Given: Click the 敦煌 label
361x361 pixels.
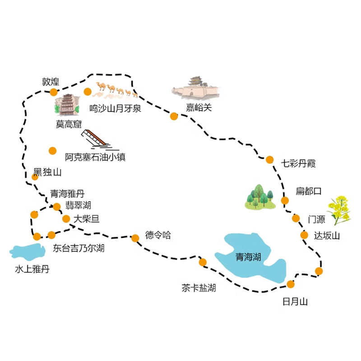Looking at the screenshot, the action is pos(51,82).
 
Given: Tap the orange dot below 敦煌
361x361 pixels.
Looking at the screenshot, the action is pos(54,92).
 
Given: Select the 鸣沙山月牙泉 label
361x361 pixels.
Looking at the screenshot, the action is pos(115,108).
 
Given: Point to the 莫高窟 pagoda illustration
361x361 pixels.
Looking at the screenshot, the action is pos(67,105).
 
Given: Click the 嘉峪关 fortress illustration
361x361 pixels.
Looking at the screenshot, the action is pos(196,88).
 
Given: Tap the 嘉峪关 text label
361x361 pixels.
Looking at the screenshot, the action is pos(199,107).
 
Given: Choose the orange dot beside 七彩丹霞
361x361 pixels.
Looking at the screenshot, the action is pos(269,160).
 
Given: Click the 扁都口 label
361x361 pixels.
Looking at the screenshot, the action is pos(309,191).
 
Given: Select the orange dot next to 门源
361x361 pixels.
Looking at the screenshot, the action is pos(296,218).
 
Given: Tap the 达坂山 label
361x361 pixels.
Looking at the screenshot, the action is pos(327,236).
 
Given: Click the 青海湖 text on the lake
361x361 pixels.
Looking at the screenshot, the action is pos(248,257).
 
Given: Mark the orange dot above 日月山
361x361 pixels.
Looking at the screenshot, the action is pos(291,284).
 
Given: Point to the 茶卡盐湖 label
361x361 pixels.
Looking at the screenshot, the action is pos(199,288).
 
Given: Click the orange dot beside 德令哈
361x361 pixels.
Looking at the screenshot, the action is pos(135,238).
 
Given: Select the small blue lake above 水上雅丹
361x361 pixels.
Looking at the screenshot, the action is pos(28,251).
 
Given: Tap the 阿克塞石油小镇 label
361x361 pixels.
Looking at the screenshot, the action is pos(95,157).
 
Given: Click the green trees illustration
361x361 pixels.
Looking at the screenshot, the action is pos(260,197).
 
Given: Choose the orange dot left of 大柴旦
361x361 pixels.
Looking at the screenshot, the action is pos(66,219).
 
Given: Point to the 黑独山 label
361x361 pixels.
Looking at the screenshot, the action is pos(47,172).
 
